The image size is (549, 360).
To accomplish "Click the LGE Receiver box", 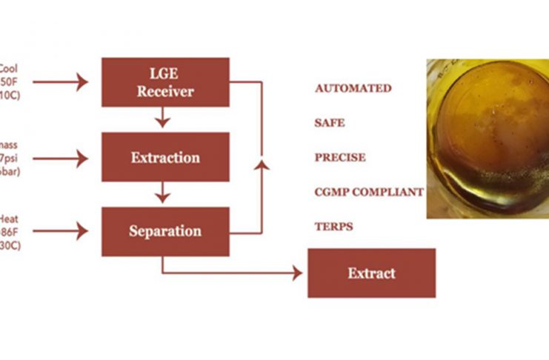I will pos(165,82).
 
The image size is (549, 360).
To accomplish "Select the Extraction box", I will pos(165,158).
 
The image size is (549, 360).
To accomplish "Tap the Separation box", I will pos(165,231).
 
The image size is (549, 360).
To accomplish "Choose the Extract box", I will pos(371,273).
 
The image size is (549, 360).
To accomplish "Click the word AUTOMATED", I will pos(353,88).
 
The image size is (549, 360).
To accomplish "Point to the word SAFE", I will pos(330,123).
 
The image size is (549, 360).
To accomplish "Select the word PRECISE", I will pos(340,158).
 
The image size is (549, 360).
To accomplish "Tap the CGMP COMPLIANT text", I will pos(369,192).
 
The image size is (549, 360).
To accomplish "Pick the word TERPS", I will pos(333,227).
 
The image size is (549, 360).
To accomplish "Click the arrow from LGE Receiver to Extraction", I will pos(163,119).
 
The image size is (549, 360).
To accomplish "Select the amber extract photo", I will pos(488,139).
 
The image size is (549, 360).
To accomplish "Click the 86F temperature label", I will pos(12,231).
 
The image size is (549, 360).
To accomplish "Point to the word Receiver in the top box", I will pos(165,92).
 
